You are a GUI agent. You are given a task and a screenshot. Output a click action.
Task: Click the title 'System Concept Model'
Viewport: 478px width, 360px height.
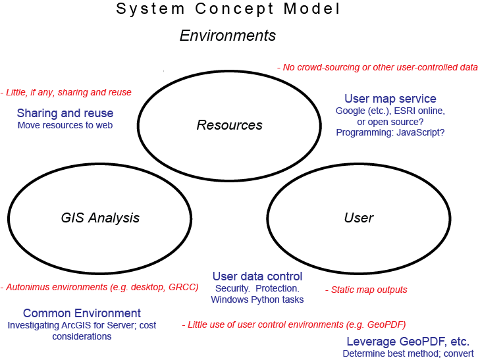[228, 9]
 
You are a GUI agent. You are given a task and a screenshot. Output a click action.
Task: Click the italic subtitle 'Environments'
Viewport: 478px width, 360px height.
[228, 36]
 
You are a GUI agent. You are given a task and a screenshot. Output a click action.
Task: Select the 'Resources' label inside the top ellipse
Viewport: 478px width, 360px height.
[230, 125]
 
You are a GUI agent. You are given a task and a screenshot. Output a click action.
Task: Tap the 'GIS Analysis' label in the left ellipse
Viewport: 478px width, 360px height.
[100, 218]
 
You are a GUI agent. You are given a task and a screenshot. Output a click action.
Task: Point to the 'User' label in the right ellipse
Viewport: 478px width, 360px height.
[359, 218]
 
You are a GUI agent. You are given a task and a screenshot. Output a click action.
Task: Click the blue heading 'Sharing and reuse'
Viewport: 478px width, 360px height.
[65, 113]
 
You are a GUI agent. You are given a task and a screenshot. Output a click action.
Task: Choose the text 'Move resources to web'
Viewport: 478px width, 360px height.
[65, 125]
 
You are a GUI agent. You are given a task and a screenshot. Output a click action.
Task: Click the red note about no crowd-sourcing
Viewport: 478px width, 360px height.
[377, 67]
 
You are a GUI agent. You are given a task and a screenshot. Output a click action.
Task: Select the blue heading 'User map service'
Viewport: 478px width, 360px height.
[390, 99]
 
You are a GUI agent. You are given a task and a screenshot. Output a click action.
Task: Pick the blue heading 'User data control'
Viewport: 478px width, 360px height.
[257, 276]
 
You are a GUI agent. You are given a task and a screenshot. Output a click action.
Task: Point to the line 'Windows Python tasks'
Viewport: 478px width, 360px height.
[257, 299]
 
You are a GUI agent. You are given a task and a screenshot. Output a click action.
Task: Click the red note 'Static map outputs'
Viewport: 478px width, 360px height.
[366, 290]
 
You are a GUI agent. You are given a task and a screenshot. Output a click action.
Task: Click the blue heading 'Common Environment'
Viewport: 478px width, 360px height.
[82, 313]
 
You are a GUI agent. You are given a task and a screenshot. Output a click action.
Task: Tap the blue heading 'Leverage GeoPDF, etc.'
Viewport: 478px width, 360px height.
[408, 342]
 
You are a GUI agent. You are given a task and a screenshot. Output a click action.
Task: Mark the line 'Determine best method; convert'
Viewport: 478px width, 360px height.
[408, 353]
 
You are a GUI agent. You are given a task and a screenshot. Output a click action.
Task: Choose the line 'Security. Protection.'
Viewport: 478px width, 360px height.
[257, 288]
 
